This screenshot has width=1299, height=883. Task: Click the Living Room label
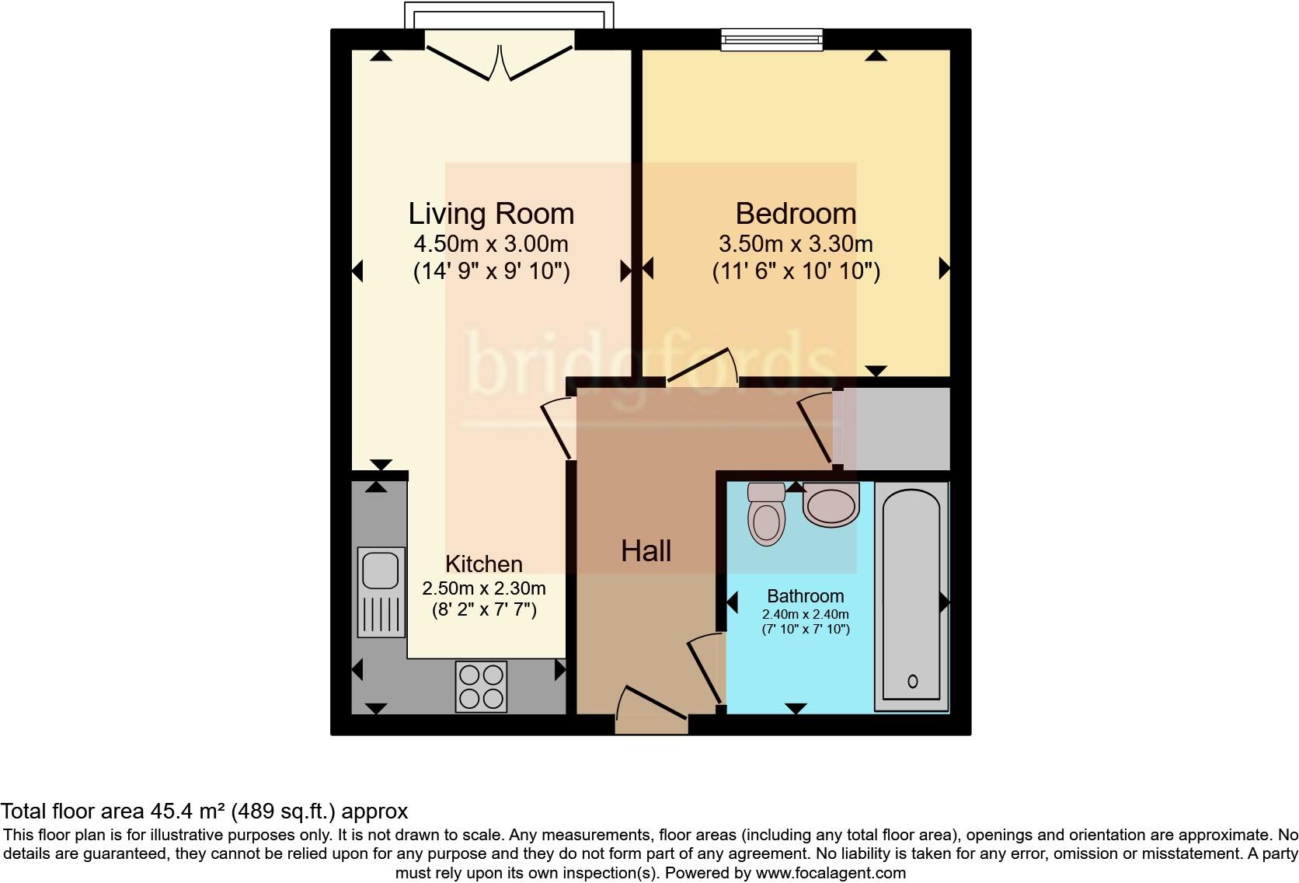coord(491,214)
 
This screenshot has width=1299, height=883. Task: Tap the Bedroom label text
coord(796,214)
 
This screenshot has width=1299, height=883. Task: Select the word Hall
coord(646,551)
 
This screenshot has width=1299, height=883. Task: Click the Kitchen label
coord(483,564)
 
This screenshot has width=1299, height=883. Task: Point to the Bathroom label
coord(805,596)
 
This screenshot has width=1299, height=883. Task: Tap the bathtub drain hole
coord(912,682)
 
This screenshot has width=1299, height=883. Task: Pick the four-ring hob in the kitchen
coord(481,686)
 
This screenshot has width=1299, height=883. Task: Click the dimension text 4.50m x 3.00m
coord(491,244)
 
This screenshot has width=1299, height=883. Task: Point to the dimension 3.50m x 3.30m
coord(796,244)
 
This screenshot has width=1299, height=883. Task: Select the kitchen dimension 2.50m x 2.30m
coord(483,588)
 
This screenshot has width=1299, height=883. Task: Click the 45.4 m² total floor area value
coord(187,811)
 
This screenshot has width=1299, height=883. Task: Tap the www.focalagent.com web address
coord(831,873)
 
